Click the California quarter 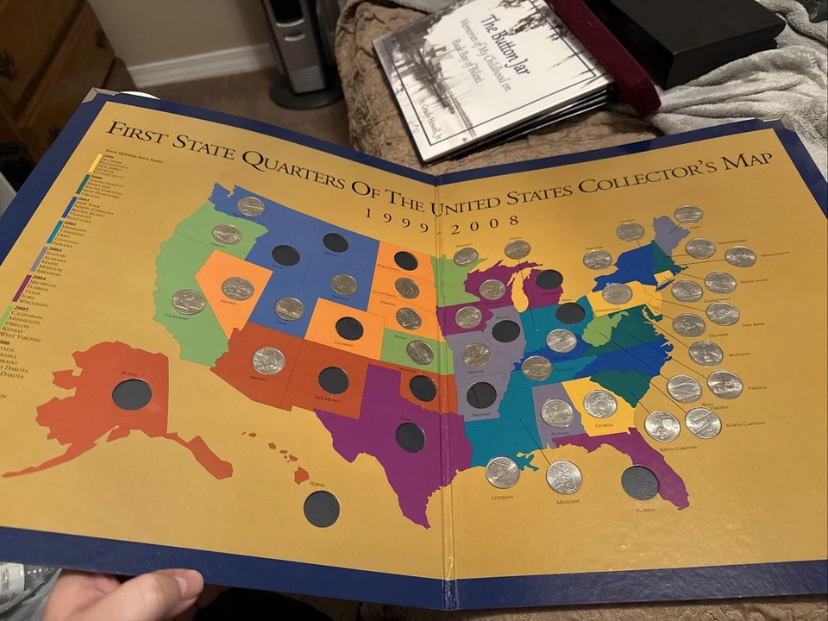[x=188, y=302]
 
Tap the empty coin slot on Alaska [x=131, y=394]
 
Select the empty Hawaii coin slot [x=321, y=509]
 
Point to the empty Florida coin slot [x=640, y=482]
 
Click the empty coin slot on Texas [x=410, y=437]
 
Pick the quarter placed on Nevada [x=237, y=288]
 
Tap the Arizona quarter [x=268, y=361]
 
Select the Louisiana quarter [x=502, y=472]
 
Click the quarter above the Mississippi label [x=563, y=476]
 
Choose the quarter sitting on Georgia [x=599, y=404]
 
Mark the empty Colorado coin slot [x=348, y=329]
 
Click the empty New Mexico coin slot [x=333, y=380]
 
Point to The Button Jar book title [x=504, y=34]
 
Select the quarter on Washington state [x=251, y=206]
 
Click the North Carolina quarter [x=703, y=423]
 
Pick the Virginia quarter [x=724, y=385]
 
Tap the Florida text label [x=646, y=510]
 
